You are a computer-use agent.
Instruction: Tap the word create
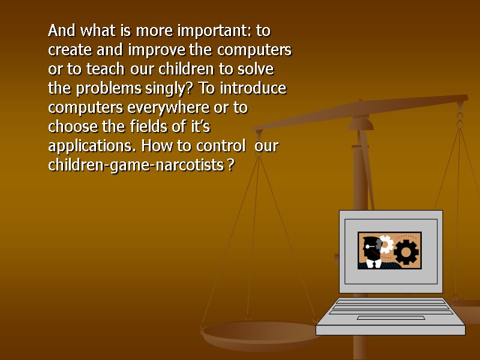pos(68,50)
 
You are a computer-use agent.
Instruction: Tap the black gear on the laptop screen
pos(406,253)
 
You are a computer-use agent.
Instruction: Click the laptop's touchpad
pos(391,317)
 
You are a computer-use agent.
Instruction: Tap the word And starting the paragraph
pos(61,31)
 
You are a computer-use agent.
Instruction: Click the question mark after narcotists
pos(231,166)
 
